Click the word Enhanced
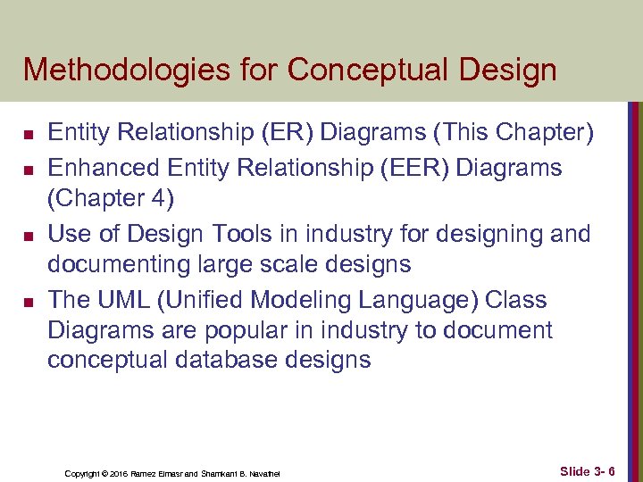pyautogui.click(x=98, y=168)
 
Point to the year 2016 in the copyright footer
pyautogui.click(x=121, y=472)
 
